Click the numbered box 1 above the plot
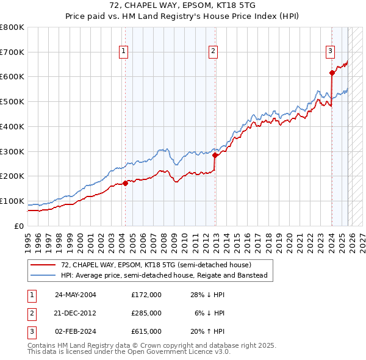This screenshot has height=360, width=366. click(x=124, y=51)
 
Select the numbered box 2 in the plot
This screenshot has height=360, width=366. click(x=213, y=51)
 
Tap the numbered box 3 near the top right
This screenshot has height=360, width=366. click(x=330, y=51)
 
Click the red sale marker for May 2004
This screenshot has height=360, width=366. click(x=125, y=182)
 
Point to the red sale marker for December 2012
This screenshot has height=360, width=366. click(x=215, y=155)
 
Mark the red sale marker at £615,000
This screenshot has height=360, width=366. click(x=332, y=73)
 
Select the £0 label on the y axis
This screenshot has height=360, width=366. click(x=20, y=226)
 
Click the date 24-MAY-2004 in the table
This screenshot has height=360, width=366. click(x=76, y=294)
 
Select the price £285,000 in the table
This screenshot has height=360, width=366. click(x=146, y=312)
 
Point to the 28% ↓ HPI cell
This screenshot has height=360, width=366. click(x=210, y=294)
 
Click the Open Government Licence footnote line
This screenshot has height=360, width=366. click(x=129, y=352)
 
